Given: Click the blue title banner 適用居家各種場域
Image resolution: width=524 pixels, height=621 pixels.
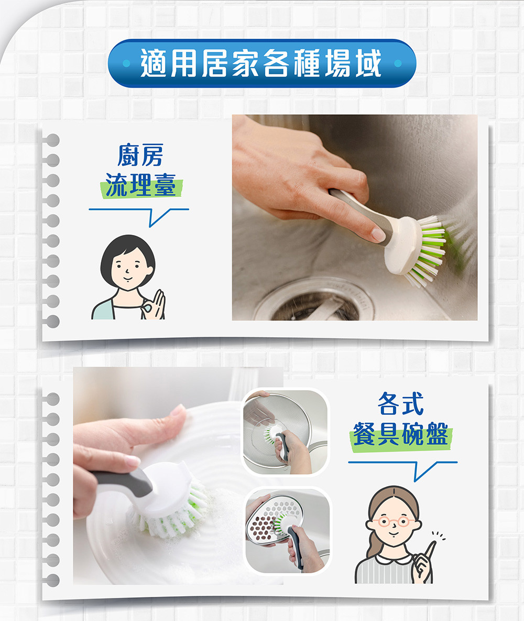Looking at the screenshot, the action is pyautogui.click(x=261, y=63).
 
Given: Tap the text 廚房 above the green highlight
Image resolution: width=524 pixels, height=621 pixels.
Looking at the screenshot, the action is pyautogui.click(x=140, y=155).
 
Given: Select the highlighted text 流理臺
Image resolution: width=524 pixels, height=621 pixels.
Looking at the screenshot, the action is pyautogui.click(x=141, y=185).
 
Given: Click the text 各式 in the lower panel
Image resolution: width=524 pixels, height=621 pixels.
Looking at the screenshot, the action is pyautogui.click(x=400, y=403).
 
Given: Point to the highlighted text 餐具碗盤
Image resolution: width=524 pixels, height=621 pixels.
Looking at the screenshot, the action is pyautogui.click(x=400, y=434).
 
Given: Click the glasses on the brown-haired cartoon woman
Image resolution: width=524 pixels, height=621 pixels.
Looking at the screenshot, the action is pyautogui.click(x=394, y=521).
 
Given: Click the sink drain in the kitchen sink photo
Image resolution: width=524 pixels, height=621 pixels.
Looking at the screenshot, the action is pyautogui.click(x=313, y=302).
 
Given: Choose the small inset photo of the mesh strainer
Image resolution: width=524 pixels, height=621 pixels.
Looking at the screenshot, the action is pyautogui.click(x=286, y=432).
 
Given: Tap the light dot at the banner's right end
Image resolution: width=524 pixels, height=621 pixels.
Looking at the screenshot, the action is pyautogui.click(x=398, y=63).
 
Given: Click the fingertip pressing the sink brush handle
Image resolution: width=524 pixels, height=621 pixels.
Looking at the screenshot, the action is pyautogui.click(x=378, y=235).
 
